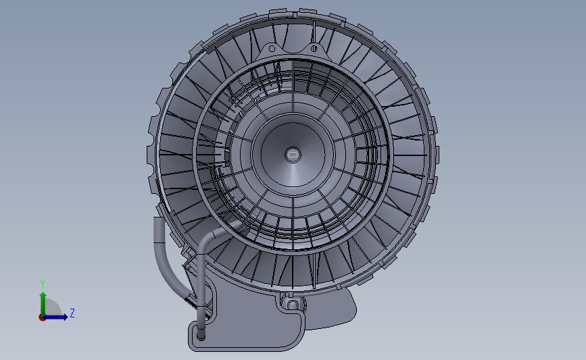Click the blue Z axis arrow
[60, 317]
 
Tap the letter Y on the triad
[42, 284]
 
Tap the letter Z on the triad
[72, 313]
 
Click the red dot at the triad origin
[42, 317]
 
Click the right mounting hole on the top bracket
[313, 48]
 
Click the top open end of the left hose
[159, 221]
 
